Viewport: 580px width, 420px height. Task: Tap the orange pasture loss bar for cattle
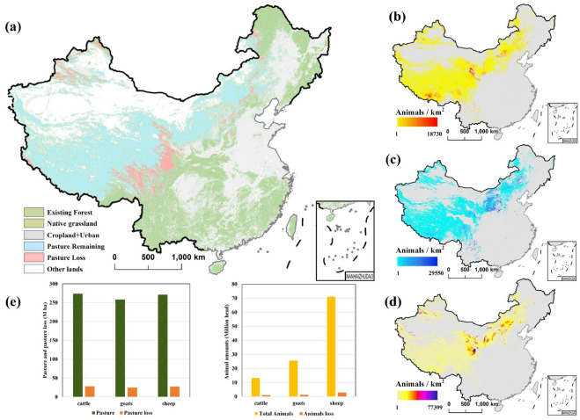coord(65,391)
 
